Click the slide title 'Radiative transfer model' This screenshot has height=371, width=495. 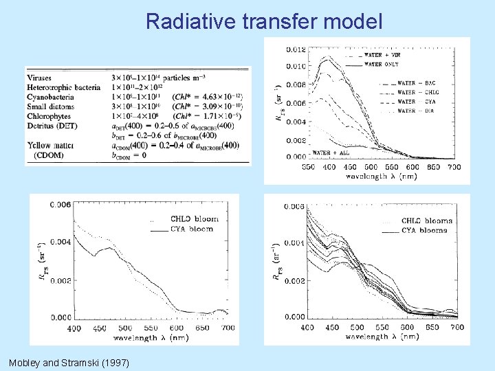[x=264, y=21]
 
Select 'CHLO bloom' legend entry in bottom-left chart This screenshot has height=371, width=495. [x=193, y=219]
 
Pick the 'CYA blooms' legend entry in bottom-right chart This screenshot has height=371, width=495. [x=424, y=231]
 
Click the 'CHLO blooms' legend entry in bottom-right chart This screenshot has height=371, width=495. [x=426, y=221]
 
